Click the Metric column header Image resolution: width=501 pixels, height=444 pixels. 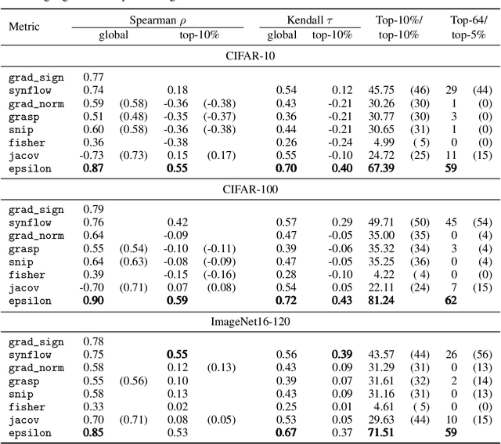point(24,27)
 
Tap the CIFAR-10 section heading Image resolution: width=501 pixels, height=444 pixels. point(250,56)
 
